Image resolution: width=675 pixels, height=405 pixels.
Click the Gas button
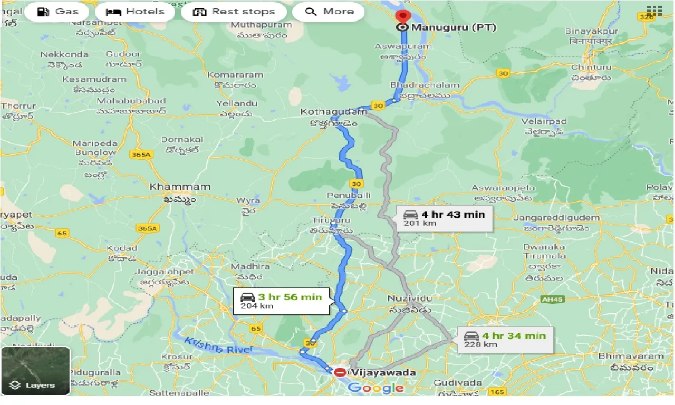tap(59, 12)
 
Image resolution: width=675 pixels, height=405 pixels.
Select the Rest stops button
tap(234, 12)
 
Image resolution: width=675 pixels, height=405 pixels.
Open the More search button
tap(328, 12)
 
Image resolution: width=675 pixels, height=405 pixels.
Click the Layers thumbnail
tap(35, 371)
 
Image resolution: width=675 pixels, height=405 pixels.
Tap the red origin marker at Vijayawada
tap(340, 372)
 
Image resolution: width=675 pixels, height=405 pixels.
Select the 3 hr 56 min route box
tap(282, 301)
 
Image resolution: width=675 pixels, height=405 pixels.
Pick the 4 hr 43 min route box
tap(445, 218)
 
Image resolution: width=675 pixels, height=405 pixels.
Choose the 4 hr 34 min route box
tap(505, 340)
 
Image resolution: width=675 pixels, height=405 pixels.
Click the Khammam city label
tap(180, 187)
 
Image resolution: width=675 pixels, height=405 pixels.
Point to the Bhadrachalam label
tap(425, 85)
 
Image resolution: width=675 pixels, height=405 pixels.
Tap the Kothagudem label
tap(333, 112)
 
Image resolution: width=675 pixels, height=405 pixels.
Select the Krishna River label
tap(218, 345)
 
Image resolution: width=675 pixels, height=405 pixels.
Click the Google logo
tap(375, 389)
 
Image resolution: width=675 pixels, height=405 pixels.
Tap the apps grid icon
tap(654, 12)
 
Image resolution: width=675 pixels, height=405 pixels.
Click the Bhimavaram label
tap(631, 356)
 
